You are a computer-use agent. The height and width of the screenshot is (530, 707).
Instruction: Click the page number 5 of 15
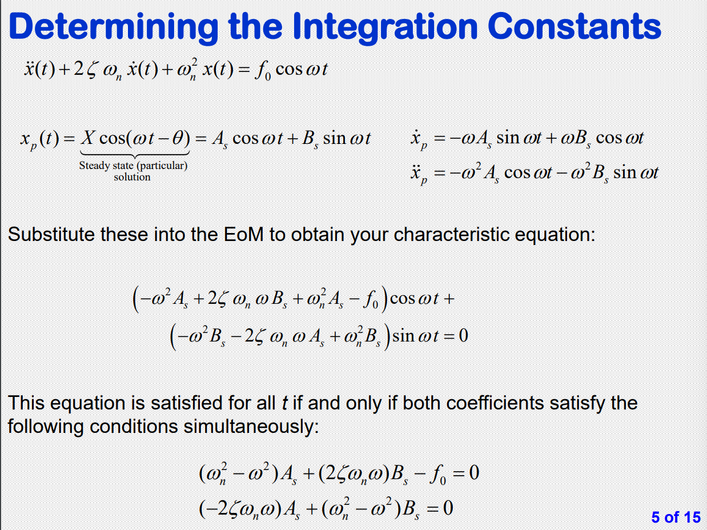[x=676, y=517]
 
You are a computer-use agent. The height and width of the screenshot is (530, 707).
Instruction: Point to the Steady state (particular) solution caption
[x=132, y=171]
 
